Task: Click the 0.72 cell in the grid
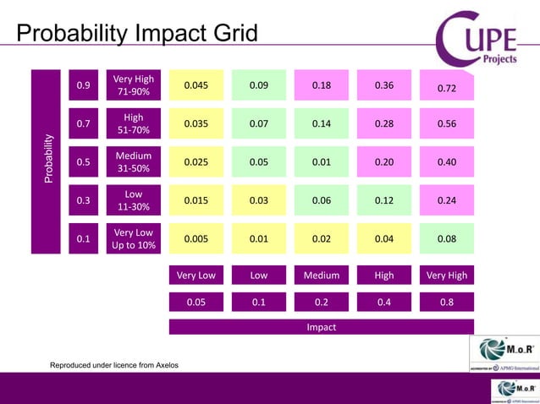point(446,87)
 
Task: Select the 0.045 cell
point(196,85)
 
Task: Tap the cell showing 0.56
point(446,124)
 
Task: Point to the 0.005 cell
point(196,239)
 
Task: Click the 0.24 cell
point(446,201)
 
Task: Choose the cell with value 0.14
point(322,124)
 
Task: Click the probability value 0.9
point(84,85)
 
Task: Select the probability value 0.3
point(84,201)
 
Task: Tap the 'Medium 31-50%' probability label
point(134,162)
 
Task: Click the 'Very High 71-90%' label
point(134,85)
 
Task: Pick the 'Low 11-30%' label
point(134,201)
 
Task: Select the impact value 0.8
point(446,302)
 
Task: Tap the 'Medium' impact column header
point(322,276)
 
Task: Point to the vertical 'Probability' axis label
point(47,161)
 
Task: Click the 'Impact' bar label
point(322,327)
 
